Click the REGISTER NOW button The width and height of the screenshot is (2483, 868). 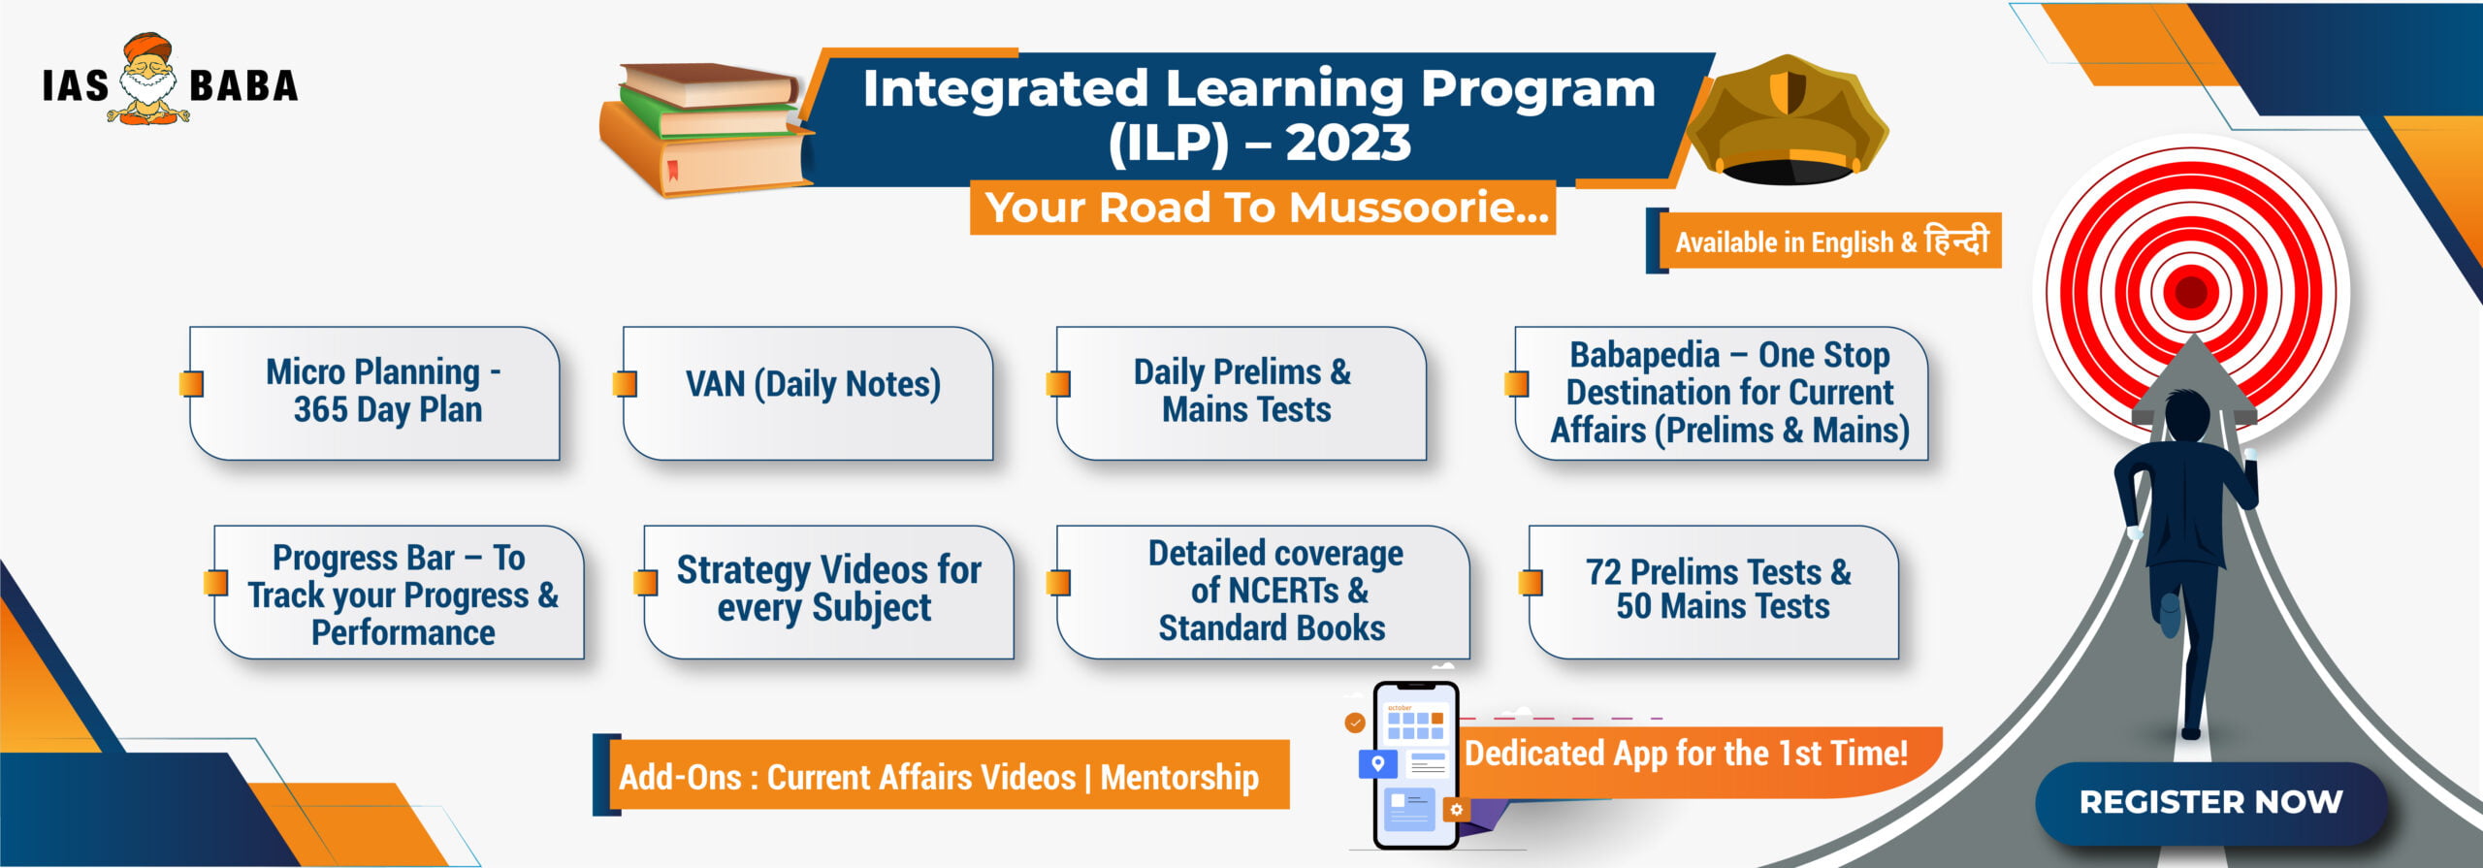coord(2210,802)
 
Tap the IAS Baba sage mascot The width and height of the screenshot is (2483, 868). coord(148,79)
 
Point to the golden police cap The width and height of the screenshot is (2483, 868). coord(1788,120)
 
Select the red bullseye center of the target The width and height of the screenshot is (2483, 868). coord(2191,291)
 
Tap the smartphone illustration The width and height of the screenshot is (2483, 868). coord(1416,765)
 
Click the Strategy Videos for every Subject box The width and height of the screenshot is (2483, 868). coord(828,592)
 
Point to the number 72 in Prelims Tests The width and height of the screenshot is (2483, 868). coord(1603,572)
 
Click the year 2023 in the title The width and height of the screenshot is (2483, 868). coord(1349,143)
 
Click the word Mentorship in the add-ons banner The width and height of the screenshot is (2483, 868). coord(1179,777)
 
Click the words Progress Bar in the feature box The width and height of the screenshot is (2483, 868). coord(363,558)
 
